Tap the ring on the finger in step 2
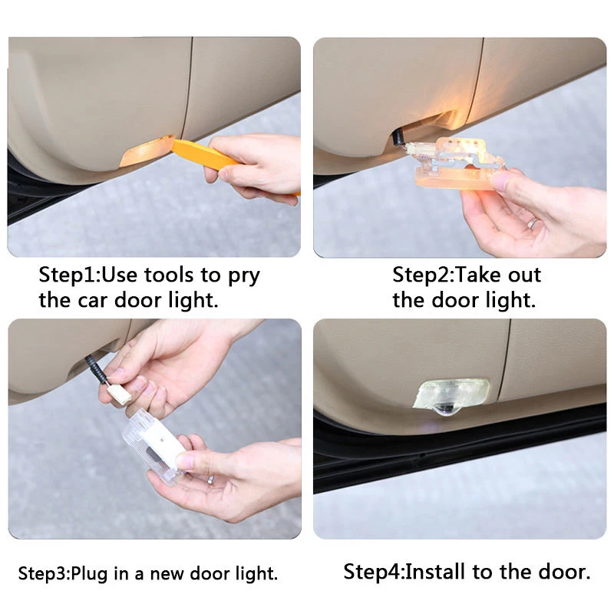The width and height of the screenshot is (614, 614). [532, 223]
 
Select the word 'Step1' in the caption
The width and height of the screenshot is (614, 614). [69, 275]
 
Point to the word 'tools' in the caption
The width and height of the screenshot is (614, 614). [170, 275]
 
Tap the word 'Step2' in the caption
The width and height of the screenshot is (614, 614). [423, 275]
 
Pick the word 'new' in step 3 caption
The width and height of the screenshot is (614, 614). [166, 573]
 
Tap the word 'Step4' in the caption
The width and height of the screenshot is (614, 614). [373, 572]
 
